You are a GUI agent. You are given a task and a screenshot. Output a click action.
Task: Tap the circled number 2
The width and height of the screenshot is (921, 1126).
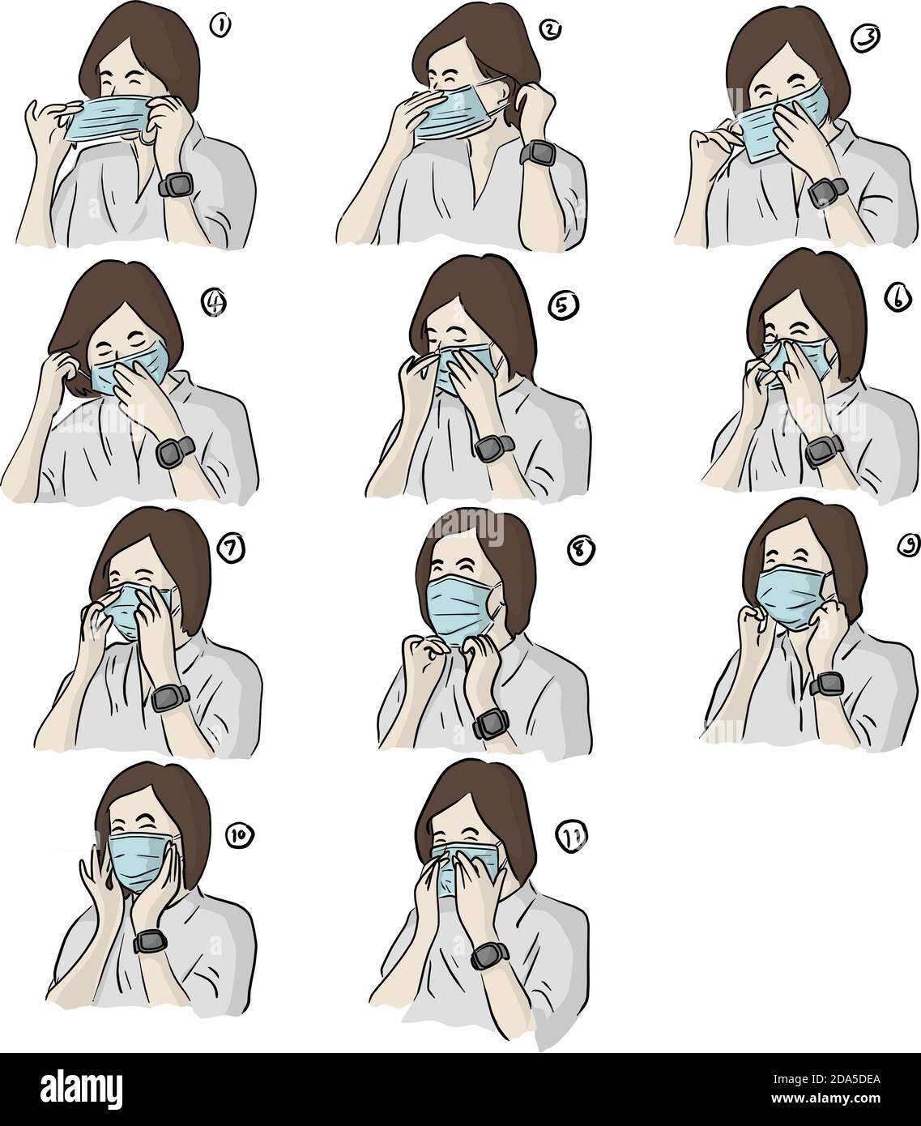click(x=550, y=30)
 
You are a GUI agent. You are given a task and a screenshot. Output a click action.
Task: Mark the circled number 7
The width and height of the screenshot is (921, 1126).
click(x=229, y=549)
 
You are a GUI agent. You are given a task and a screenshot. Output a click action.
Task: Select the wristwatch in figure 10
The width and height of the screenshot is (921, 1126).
click(x=150, y=940)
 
